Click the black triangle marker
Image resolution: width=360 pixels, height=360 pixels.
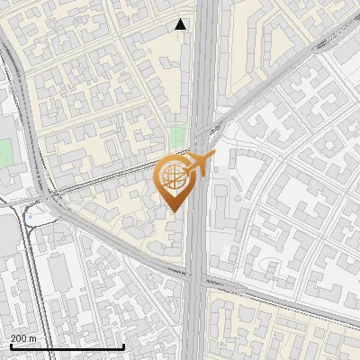click(181, 24)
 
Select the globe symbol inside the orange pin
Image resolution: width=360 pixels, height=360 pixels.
click(171, 177)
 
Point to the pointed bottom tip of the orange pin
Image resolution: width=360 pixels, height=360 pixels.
click(173, 211)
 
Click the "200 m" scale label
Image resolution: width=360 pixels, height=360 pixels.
click(23, 338)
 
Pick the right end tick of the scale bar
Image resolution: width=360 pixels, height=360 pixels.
click(123, 345)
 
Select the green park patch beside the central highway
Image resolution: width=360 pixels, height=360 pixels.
click(178, 138)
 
